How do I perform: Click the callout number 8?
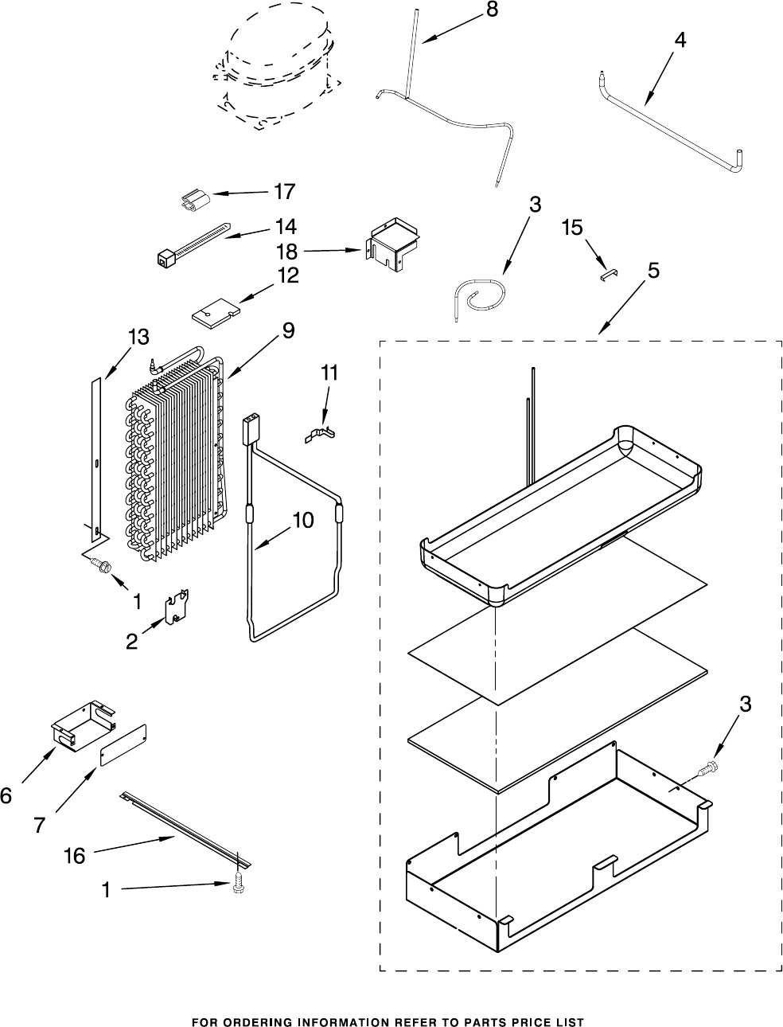click(x=492, y=10)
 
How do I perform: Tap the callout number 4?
click(x=680, y=41)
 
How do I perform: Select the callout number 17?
click(x=285, y=191)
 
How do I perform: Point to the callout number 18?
click(x=287, y=252)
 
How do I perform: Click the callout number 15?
click(x=573, y=228)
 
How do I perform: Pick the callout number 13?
click(x=138, y=337)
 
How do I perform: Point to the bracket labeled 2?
click(x=177, y=607)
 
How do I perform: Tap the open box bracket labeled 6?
click(x=84, y=725)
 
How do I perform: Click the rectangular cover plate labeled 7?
click(x=123, y=745)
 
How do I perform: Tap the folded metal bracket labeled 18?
click(x=392, y=244)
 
